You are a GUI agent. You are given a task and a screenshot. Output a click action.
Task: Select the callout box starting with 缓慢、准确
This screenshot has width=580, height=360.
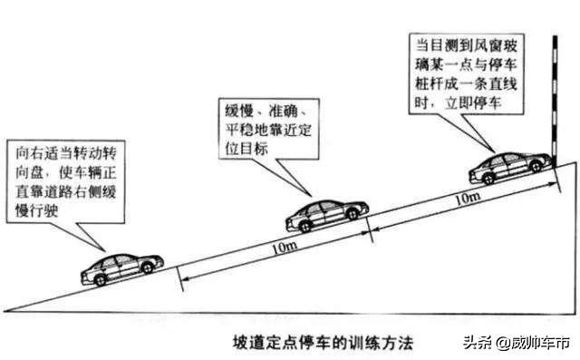pos(267,127)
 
